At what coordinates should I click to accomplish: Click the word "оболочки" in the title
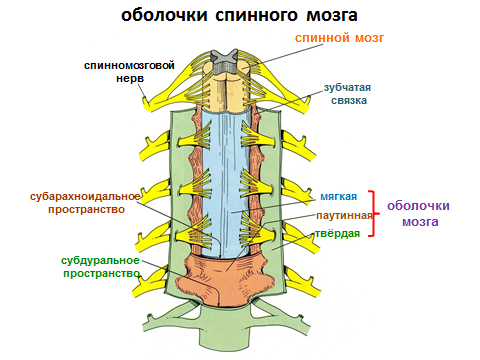164,15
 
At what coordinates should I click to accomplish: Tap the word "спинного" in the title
256,16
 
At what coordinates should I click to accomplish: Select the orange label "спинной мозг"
339,38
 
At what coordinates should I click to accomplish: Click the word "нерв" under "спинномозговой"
130,79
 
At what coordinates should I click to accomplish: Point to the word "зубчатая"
347,88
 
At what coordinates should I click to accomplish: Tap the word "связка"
349,100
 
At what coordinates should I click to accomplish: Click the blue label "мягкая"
339,196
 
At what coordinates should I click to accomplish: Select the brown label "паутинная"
344,216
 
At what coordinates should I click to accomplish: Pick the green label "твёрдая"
338,233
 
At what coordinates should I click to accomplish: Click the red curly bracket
374,214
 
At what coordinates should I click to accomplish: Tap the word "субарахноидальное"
85,197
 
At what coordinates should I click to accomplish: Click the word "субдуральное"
100,261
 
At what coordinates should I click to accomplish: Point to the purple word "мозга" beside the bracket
420,222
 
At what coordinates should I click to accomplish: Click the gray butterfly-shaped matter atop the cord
226,62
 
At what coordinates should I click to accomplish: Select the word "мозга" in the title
332,16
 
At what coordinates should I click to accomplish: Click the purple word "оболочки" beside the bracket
418,206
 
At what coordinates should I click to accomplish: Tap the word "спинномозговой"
129,65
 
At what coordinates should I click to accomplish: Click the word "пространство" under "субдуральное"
101,274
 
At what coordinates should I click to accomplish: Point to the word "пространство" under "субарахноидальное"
86,210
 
